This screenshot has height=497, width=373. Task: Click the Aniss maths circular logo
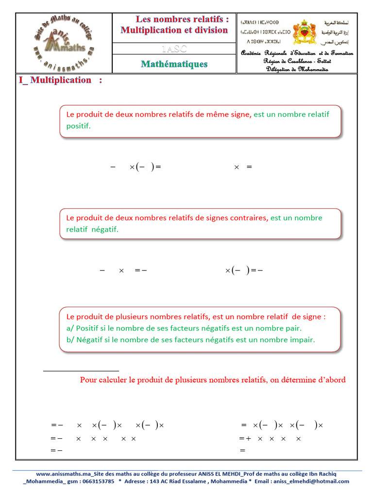(64, 43)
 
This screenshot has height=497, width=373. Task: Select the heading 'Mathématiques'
(174, 64)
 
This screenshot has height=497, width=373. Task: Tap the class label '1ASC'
(174, 49)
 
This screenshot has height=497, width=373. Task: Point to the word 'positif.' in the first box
(78, 126)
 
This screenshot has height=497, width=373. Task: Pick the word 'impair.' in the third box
(302, 340)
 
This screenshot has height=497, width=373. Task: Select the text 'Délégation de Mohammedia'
(297, 69)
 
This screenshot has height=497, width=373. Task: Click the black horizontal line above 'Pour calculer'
(81, 371)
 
